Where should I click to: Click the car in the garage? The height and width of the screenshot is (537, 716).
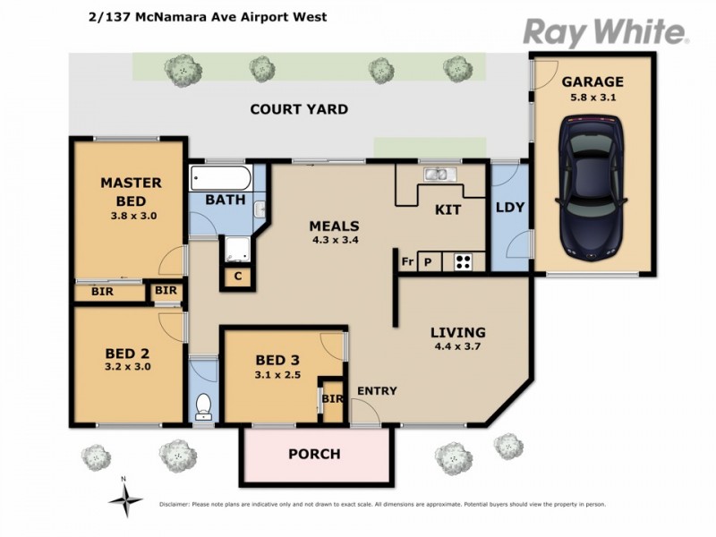592,191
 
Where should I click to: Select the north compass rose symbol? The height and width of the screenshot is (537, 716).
125,495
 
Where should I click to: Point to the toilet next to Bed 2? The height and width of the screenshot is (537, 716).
204,405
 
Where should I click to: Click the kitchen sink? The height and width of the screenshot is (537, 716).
440,175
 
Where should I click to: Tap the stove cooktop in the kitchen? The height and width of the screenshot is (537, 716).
464,262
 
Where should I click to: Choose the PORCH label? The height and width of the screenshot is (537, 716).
314,454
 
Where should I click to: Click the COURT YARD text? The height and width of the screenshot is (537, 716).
299,110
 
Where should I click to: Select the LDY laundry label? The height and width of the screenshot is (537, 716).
510,208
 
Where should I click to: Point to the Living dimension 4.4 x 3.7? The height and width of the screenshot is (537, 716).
457,347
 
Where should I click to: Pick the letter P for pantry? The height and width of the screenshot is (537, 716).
428,262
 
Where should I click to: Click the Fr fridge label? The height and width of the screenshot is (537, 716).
407,262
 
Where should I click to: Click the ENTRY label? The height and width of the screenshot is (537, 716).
377,391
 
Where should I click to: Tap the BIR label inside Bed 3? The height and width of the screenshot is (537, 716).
331,399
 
